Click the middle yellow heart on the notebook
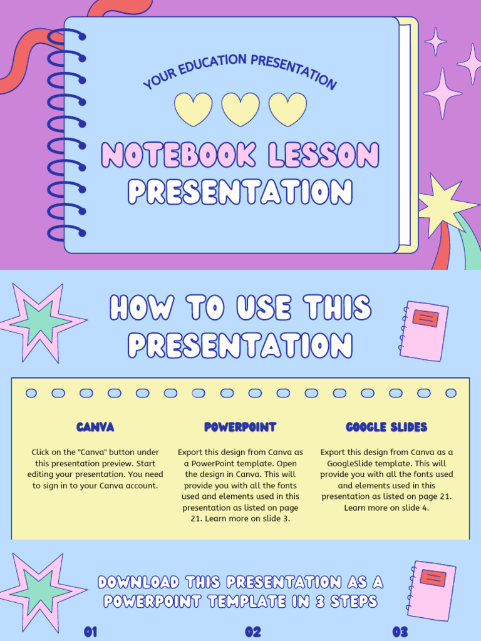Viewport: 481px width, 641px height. point(240,108)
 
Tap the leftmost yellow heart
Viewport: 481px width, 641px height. point(193,108)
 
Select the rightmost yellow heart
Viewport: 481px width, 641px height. point(287,108)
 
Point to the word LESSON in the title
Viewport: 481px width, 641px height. point(323,155)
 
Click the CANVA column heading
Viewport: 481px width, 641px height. point(95,428)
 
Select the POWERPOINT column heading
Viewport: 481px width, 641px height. point(240,428)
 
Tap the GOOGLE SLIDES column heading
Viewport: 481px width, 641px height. point(386,428)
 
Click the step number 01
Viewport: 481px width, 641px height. point(91,632)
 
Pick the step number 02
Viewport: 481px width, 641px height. point(253,632)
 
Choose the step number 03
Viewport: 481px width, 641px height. point(400,632)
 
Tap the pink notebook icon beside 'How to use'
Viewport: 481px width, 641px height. point(424,330)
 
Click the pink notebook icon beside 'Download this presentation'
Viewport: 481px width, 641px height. point(432,590)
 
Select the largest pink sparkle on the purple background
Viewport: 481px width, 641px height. point(442,93)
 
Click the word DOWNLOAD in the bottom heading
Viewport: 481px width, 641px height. point(138,582)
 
